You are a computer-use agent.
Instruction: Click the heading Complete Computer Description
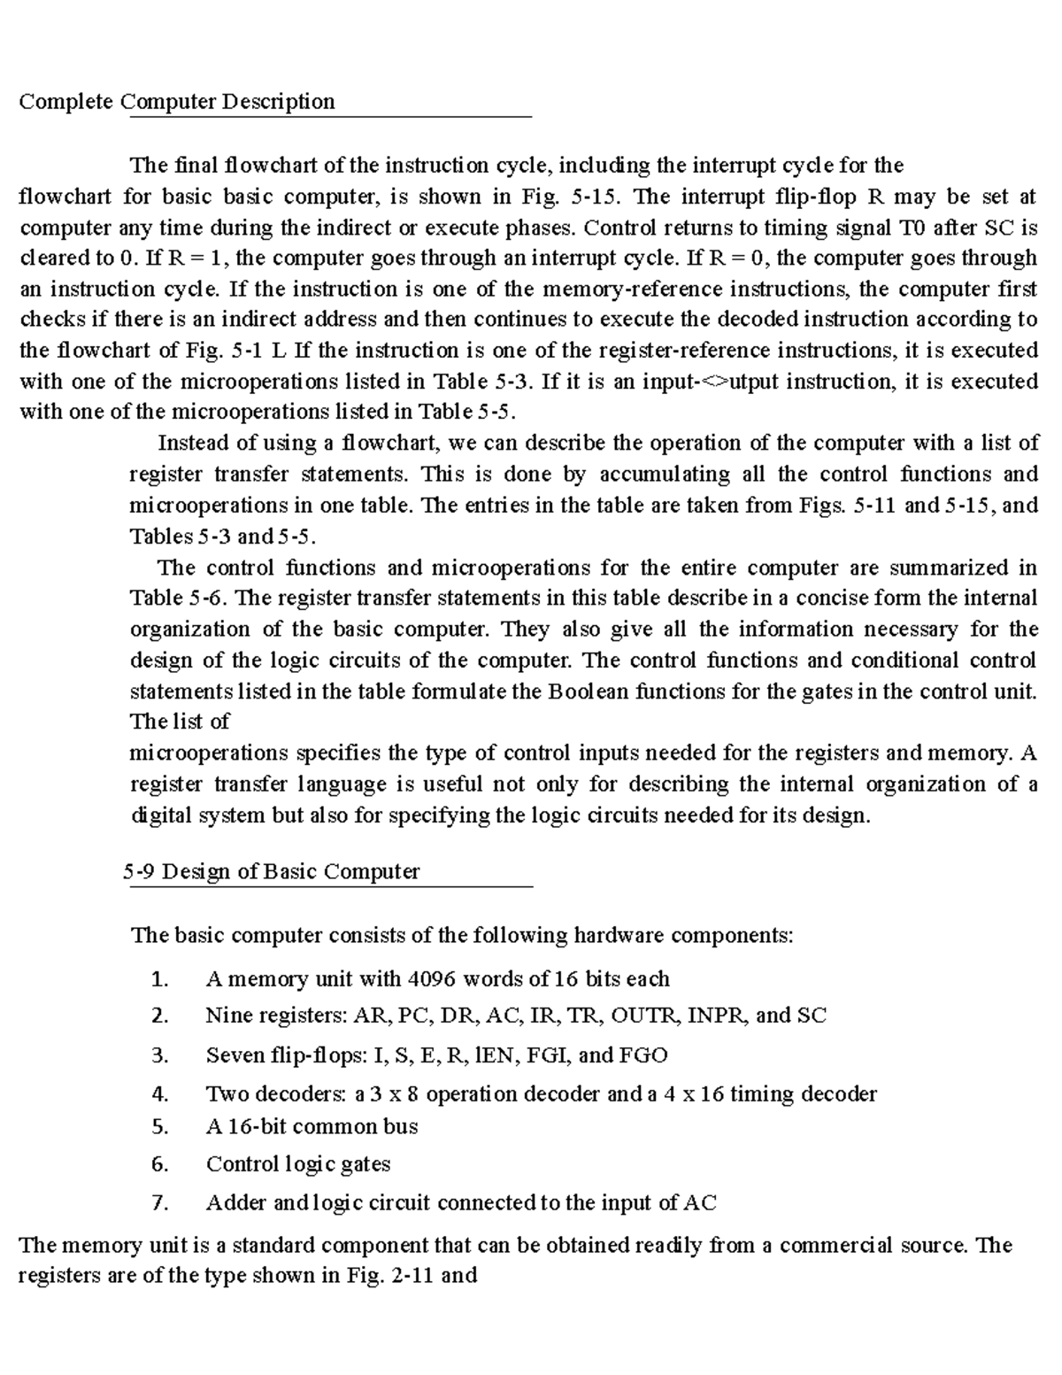(x=177, y=102)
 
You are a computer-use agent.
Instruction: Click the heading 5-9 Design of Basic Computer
(x=271, y=872)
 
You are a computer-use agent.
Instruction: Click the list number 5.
(x=159, y=1127)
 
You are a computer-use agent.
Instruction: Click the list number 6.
(x=159, y=1164)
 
